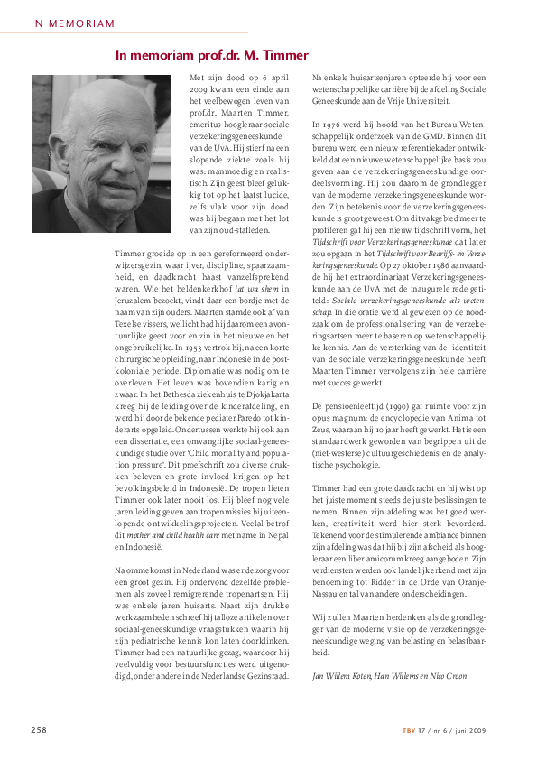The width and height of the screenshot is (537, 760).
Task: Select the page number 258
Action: point(40,729)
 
